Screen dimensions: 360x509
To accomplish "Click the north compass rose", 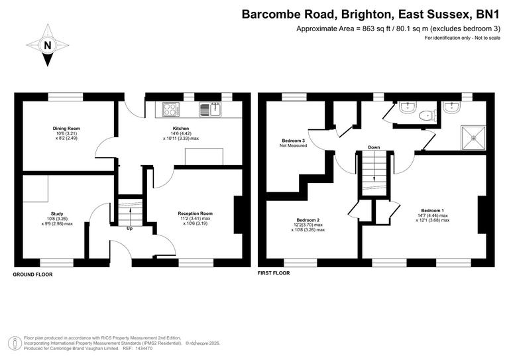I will click(47, 45).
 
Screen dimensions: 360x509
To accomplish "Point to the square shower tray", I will click(473, 136).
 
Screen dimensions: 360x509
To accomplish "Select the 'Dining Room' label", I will click(66, 129).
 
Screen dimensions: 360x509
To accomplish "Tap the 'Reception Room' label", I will click(195, 213).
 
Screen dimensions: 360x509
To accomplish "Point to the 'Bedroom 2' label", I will click(308, 220).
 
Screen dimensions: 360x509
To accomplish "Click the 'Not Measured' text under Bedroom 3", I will click(294, 145).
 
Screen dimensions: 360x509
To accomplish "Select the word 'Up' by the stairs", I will click(130, 228).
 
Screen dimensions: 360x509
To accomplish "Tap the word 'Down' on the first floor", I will click(374, 147).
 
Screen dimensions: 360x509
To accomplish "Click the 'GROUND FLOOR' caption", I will click(33, 274).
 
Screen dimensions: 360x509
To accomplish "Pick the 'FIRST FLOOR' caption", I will click(273, 272).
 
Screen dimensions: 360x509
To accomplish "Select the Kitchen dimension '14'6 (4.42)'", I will click(181, 133).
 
